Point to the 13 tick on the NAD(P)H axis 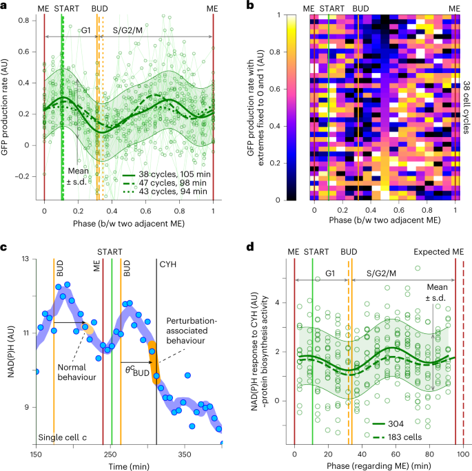click(x=26, y=259)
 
